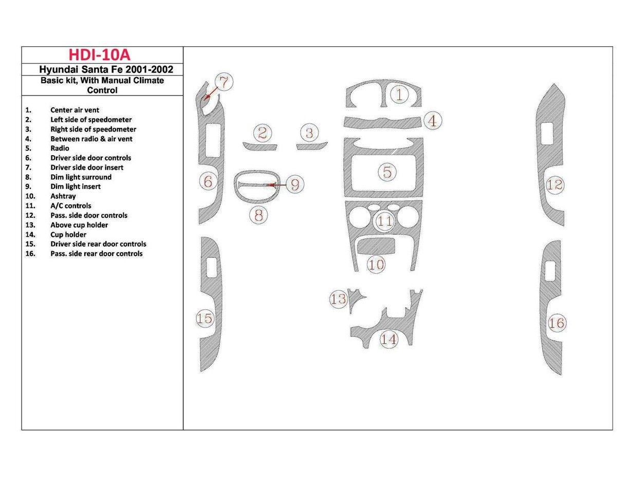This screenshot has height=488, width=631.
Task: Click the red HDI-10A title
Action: click(x=102, y=55)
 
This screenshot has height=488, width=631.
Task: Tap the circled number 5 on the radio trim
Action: click(x=387, y=172)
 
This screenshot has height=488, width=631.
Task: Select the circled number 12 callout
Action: click(x=555, y=185)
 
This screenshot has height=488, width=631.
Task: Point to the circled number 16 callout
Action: click(x=556, y=323)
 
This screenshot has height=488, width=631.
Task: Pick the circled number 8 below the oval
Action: click(x=259, y=215)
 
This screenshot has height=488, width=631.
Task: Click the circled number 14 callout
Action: click(x=388, y=339)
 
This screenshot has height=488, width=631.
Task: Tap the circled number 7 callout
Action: click(x=224, y=82)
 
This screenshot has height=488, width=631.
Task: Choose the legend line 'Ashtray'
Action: click(x=63, y=196)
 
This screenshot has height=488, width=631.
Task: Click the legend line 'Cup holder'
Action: click(x=68, y=235)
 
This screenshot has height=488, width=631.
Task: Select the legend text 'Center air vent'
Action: click(x=75, y=110)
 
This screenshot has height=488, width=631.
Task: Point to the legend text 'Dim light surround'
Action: click(x=81, y=177)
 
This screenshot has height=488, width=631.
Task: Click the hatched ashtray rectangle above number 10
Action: click(x=376, y=246)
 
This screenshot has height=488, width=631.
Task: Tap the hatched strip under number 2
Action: click(x=259, y=147)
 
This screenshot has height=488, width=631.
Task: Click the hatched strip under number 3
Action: click(x=312, y=146)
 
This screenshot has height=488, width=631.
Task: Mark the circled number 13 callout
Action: click(x=338, y=299)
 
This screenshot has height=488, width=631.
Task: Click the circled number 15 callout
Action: click(x=205, y=318)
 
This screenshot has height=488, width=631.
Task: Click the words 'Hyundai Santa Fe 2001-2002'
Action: click(x=106, y=70)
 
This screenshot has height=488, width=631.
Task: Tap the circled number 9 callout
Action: click(x=294, y=184)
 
